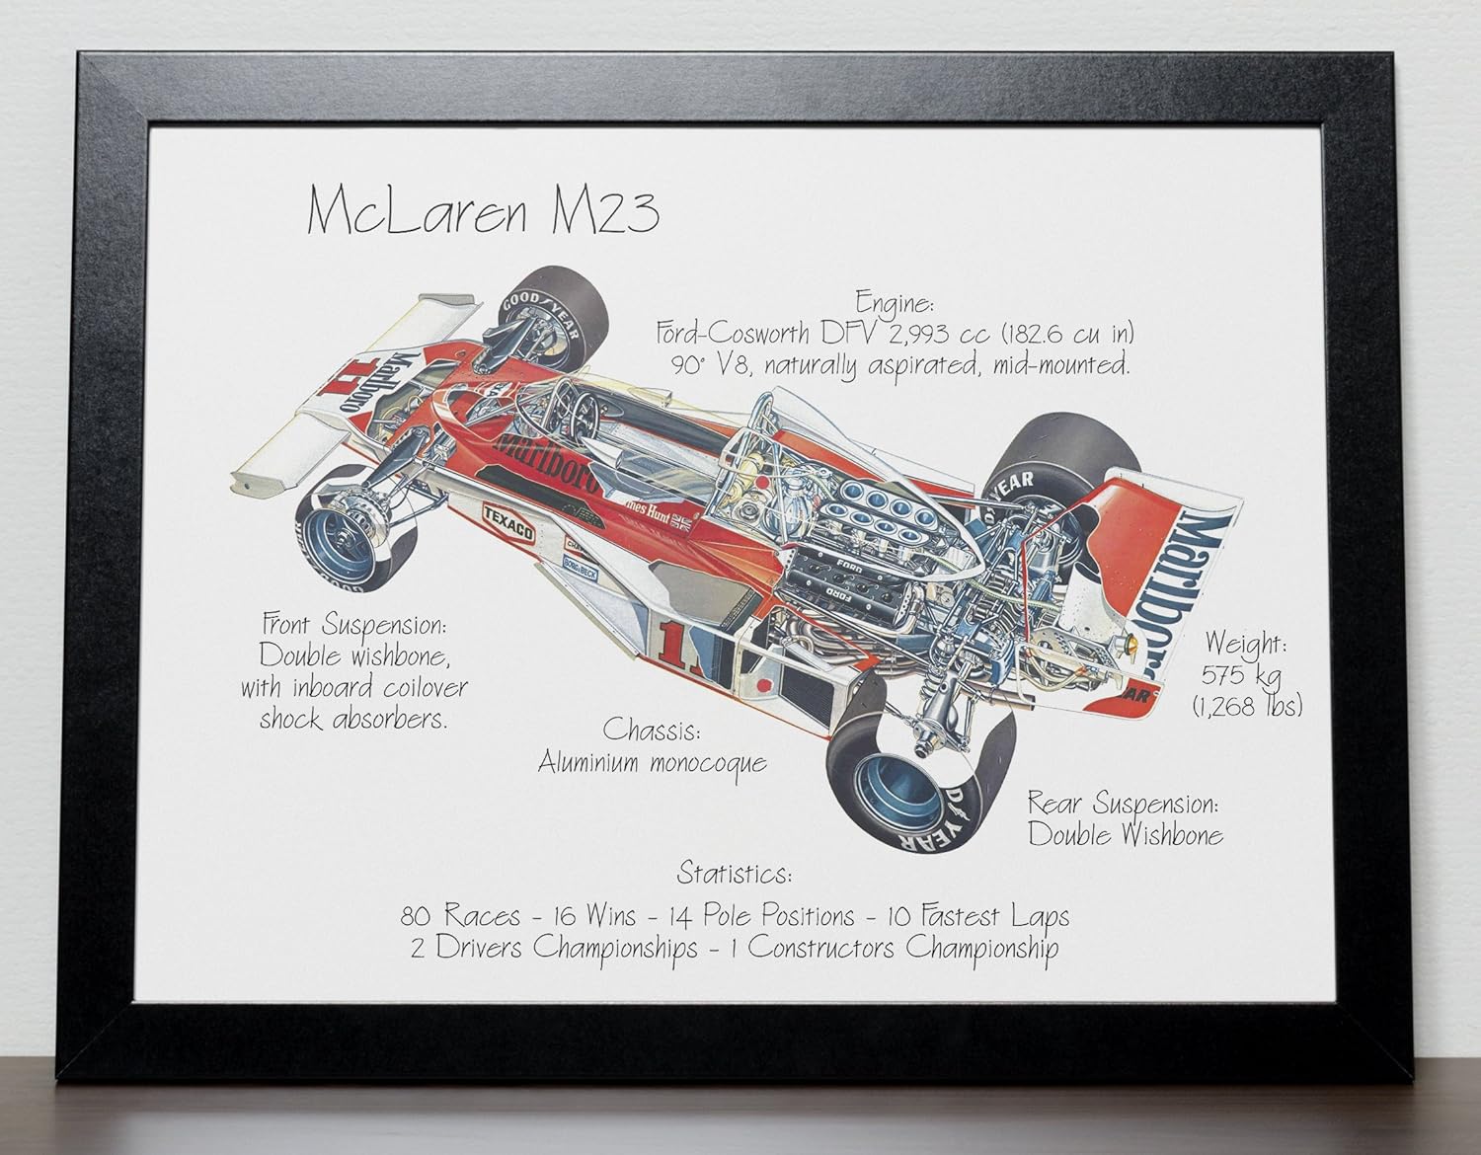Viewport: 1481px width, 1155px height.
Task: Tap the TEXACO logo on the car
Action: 507,524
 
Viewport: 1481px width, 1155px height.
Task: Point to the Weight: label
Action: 1244,643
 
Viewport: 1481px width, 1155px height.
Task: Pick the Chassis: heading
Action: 652,731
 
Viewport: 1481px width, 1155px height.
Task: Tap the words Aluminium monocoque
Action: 652,762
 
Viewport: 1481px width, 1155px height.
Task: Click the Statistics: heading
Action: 733,873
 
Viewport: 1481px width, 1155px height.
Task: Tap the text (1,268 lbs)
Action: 1247,705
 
